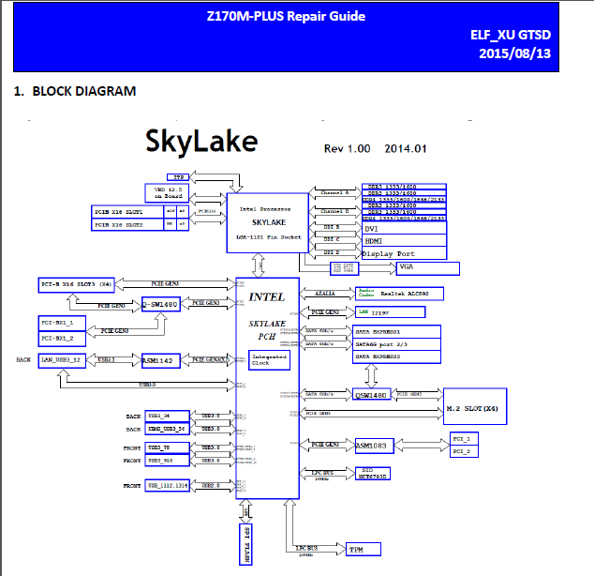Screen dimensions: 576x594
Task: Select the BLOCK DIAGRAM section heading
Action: pyautogui.click(x=74, y=91)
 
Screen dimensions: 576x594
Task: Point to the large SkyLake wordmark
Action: pyautogui.click(x=201, y=141)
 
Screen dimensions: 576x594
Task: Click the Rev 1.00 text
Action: pyautogui.click(x=348, y=148)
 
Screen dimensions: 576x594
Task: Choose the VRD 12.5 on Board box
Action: pyautogui.click(x=168, y=191)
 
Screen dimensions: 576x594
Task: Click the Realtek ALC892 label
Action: pyautogui.click(x=411, y=294)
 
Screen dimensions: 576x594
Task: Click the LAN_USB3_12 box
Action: pyautogui.click(x=67, y=360)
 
